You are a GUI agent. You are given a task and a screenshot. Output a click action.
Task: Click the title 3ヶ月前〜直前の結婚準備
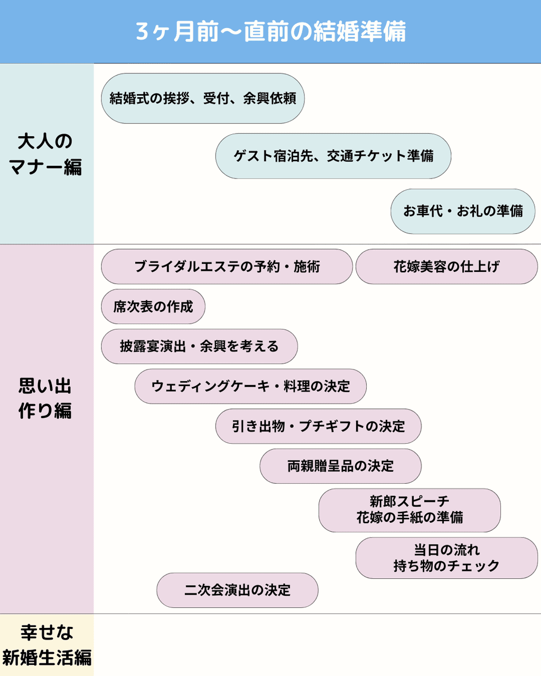click(x=270, y=32)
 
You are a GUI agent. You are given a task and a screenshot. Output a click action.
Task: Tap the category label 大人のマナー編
click(x=45, y=154)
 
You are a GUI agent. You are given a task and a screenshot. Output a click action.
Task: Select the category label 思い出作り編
click(x=45, y=398)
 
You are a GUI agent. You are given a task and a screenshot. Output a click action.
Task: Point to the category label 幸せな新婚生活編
click(x=46, y=645)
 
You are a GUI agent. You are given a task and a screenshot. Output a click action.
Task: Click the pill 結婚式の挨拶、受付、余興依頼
click(x=203, y=98)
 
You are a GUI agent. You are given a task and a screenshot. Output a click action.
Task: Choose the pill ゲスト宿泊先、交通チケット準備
click(x=333, y=156)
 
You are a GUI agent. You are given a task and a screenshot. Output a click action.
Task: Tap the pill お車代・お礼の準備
click(x=463, y=211)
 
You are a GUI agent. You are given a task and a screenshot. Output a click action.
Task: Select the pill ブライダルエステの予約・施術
click(x=227, y=267)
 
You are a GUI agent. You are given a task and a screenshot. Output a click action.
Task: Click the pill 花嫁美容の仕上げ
click(x=446, y=267)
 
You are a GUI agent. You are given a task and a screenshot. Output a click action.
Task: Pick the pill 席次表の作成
click(x=153, y=306)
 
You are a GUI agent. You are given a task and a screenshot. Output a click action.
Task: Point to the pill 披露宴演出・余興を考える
click(x=199, y=346)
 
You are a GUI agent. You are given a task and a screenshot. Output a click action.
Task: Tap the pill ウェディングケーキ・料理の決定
click(x=250, y=387)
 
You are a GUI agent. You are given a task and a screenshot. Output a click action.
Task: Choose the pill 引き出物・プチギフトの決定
click(x=318, y=426)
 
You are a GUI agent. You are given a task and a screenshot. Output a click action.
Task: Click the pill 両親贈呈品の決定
click(x=341, y=466)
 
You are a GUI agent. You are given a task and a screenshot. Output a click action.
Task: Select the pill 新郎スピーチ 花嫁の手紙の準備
click(x=409, y=510)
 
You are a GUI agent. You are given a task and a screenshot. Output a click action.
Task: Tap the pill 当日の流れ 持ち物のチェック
click(x=446, y=558)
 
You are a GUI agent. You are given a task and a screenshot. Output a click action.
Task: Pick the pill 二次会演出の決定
click(x=237, y=590)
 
